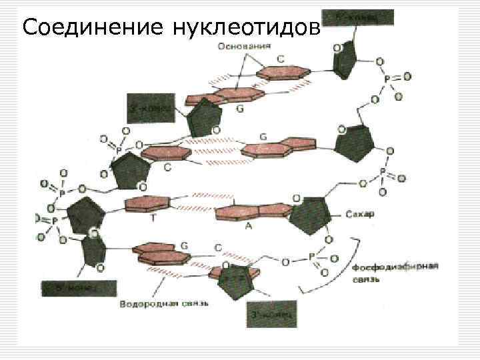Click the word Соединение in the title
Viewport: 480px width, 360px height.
pos(92,27)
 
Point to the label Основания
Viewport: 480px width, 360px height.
pos(243,46)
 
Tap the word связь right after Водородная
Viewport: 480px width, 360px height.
pos(193,305)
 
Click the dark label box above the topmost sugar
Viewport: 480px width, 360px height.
pos(358,17)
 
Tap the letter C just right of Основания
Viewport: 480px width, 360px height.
pos(281,59)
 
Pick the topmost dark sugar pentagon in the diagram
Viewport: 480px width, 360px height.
pos(350,57)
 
